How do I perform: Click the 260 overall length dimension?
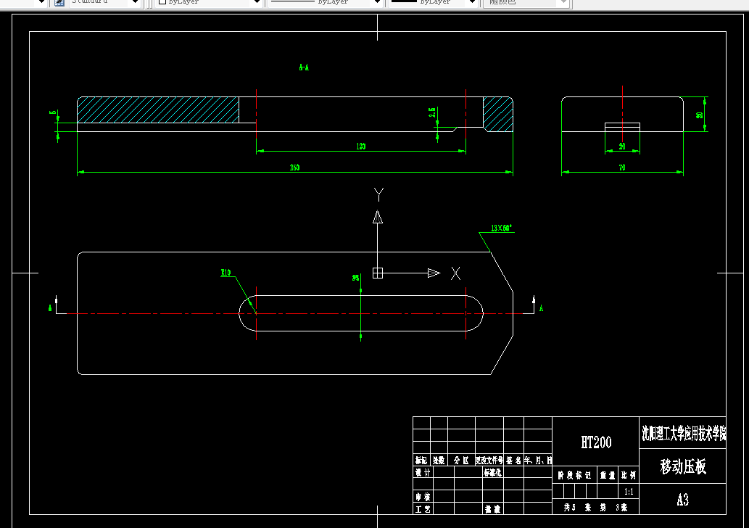point(295,168)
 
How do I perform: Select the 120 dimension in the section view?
point(361,147)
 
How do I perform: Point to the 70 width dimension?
point(622,168)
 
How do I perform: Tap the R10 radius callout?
point(225,273)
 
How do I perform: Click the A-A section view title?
point(304,67)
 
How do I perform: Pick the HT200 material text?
point(596,442)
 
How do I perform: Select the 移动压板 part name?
point(682,467)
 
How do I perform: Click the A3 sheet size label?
point(682,500)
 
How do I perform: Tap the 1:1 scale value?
point(629,491)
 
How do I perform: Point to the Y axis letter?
point(378,193)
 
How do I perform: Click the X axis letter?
point(455,273)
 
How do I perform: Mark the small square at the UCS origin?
point(377,273)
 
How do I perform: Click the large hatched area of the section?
point(158,110)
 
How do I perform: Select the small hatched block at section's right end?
point(498,113)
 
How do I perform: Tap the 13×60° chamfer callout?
point(501,228)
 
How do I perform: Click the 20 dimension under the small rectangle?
point(622,147)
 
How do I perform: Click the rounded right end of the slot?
point(474,313)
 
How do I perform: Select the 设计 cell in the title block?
point(421,472)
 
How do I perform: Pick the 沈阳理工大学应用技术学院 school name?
point(683,434)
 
